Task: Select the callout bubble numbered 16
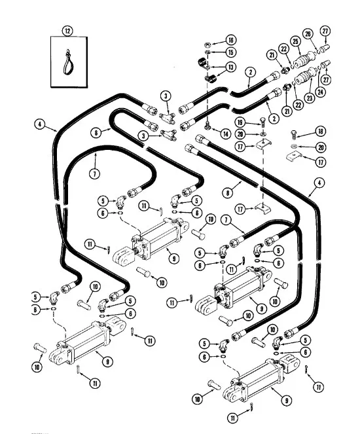pos(230,41)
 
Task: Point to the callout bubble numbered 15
pos(230,52)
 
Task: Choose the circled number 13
pos(230,68)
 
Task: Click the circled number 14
pos(226,134)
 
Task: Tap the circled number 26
pos(308,33)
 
